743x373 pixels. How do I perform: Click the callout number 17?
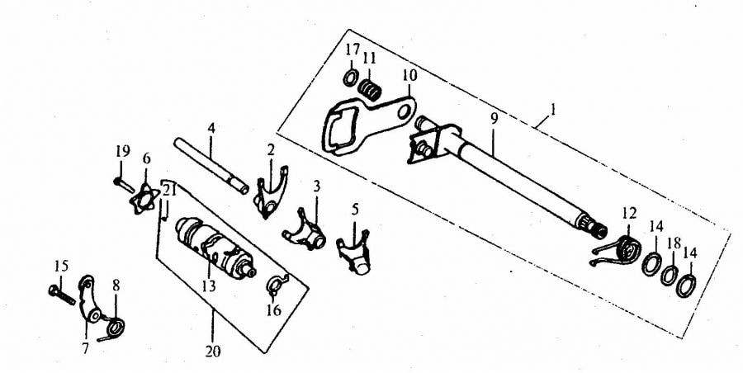352,50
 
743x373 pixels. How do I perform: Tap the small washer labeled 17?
351,77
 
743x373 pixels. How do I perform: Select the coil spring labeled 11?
370,89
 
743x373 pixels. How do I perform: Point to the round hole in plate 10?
405,113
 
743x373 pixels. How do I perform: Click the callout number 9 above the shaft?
495,119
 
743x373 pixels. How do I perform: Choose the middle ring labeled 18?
670,276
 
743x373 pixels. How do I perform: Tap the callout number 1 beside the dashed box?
552,111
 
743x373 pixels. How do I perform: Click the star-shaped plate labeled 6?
144,199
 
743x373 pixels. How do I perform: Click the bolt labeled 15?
62,295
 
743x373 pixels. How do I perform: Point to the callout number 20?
213,352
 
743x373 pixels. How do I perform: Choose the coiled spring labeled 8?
113,328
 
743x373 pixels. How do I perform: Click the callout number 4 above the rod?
211,128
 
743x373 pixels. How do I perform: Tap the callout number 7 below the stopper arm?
86,349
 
